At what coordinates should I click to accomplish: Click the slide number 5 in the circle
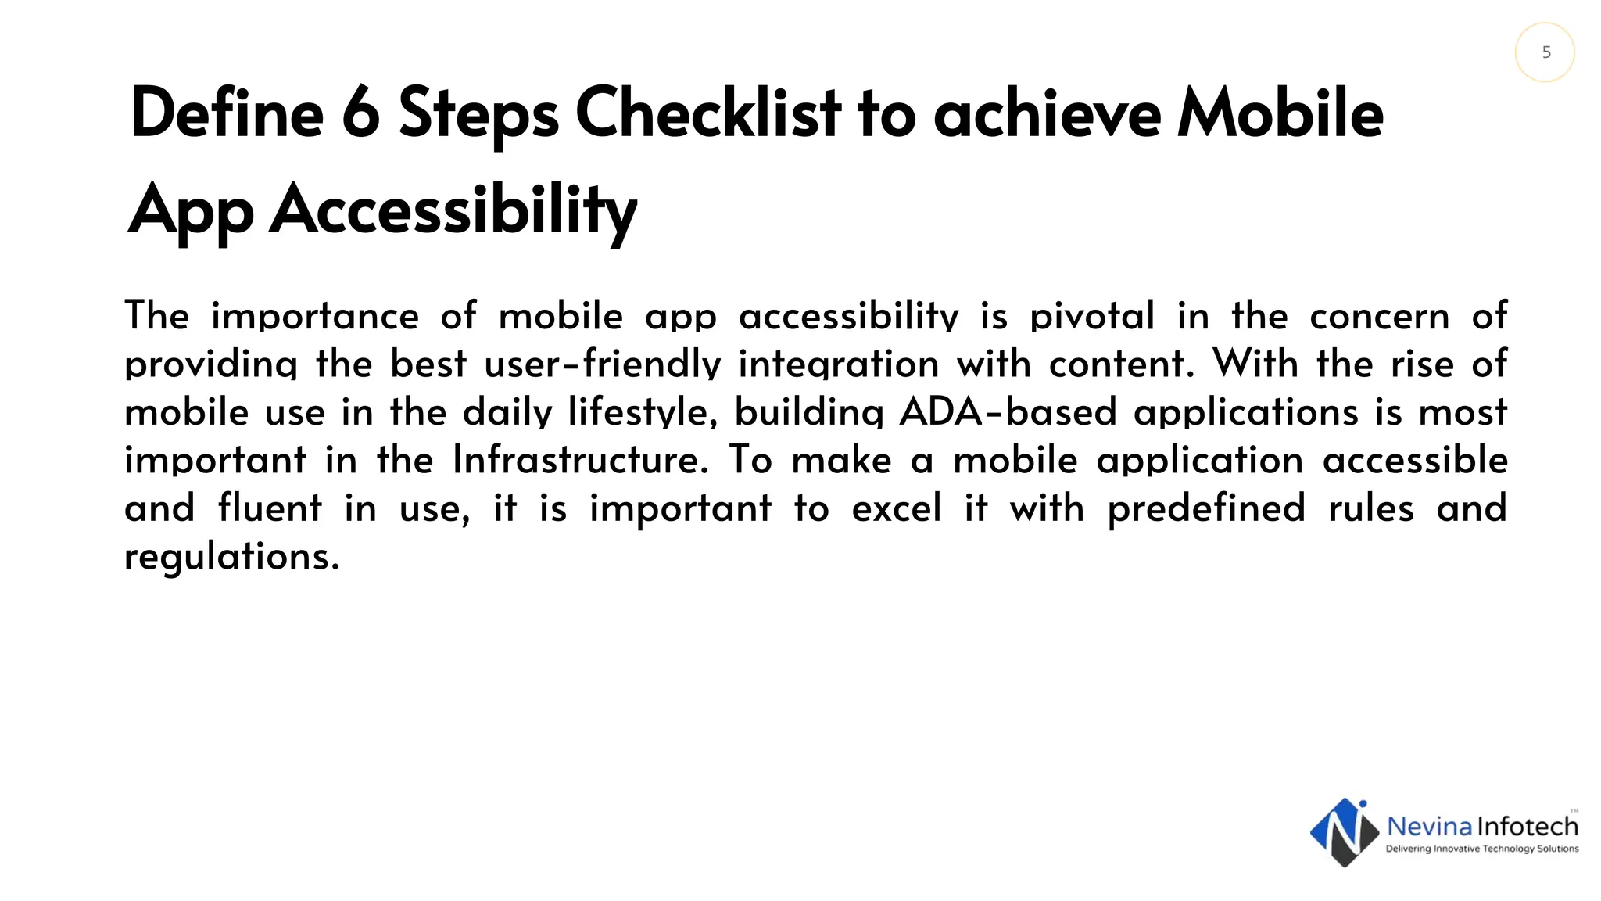coord(1545,52)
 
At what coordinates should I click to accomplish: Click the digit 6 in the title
coord(361,113)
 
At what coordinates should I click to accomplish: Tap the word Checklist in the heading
coord(708,113)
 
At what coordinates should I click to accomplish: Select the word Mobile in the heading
coord(1280,113)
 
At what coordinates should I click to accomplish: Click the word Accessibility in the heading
coord(453,210)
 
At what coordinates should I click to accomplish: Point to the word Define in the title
coord(227,113)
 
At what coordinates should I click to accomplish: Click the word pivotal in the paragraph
coord(1092,317)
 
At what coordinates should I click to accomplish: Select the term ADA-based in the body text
coord(1008,412)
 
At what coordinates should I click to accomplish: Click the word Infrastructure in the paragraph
coord(581,460)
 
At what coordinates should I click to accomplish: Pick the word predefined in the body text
coord(1206,508)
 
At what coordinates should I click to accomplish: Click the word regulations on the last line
coord(232,557)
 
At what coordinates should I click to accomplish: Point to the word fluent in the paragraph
coord(270,508)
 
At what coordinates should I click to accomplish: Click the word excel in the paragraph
coord(896,508)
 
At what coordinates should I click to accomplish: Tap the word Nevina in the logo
coord(1429,826)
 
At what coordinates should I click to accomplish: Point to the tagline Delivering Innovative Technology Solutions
coord(1482,849)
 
